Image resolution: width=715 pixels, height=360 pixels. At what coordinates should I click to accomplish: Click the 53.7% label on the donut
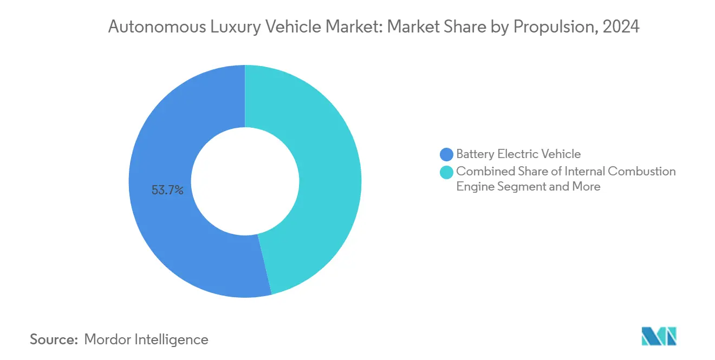(167, 190)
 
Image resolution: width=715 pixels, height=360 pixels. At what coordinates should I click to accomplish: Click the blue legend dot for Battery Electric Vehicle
(447, 154)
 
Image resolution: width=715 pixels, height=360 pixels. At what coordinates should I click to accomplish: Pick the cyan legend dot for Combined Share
(447, 172)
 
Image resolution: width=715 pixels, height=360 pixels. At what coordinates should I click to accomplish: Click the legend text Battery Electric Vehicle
(518, 154)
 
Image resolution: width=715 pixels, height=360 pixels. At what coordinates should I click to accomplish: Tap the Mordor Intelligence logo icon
(659, 336)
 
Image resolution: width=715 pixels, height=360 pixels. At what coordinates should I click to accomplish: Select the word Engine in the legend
(474, 187)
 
